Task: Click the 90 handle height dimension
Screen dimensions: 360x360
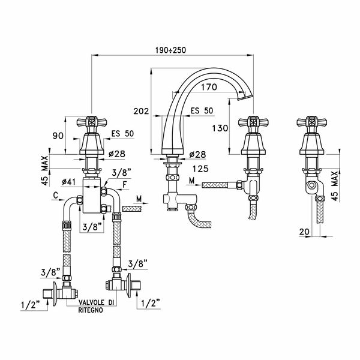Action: [58, 136]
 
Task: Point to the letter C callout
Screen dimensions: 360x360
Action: [55, 195]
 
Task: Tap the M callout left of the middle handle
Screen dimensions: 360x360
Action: [191, 181]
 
